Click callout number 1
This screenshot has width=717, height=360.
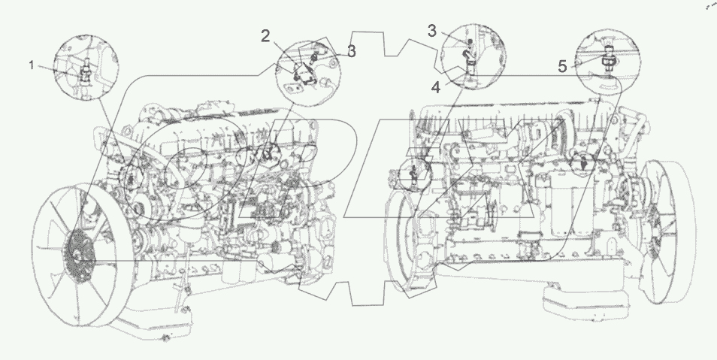click(32, 66)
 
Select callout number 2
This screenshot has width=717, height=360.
click(265, 35)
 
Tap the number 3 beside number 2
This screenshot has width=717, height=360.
click(351, 52)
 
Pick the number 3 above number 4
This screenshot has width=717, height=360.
click(432, 30)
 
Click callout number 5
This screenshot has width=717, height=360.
click(562, 66)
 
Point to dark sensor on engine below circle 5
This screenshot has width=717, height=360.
click(584, 162)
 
